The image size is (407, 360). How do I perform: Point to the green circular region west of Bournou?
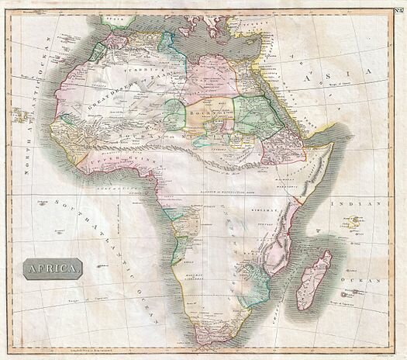[174, 113]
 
